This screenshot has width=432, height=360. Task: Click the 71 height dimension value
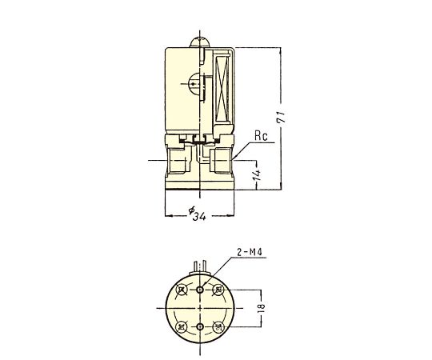(x=282, y=118)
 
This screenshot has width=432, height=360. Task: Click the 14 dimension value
(x=257, y=174)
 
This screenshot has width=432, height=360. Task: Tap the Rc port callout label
(x=261, y=136)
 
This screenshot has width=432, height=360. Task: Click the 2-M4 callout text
(x=250, y=252)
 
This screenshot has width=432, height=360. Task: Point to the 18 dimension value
(x=262, y=308)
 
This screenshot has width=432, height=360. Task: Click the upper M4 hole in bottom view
(x=200, y=290)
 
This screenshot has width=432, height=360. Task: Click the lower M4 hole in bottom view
(x=200, y=326)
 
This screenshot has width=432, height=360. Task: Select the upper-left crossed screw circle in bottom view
(x=182, y=290)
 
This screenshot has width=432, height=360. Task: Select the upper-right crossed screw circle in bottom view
(x=218, y=290)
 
